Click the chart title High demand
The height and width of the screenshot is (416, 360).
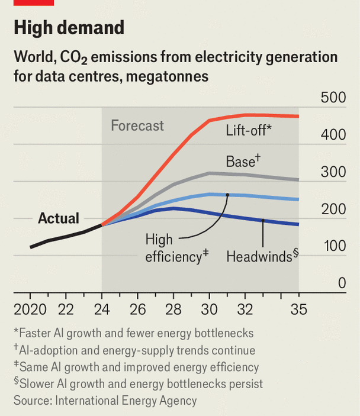pyautogui.click(x=69, y=28)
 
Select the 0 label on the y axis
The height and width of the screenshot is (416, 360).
pyautogui.click(x=341, y=283)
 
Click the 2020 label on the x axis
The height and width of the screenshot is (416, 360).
pyautogui.click(x=30, y=309)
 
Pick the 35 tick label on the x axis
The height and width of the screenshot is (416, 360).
pyautogui.click(x=298, y=309)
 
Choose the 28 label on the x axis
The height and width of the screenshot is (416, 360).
pyautogui.click(x=173, y=309)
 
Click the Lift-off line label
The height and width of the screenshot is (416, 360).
pyautogui.click(x=248, y=130)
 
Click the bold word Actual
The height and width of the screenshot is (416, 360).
pyautogui.click(x=59, y=218)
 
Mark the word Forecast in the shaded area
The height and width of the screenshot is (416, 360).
pyautogui.click(x=137, y=125)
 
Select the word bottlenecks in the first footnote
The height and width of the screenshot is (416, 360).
pyautogui.click(x=221, y=333)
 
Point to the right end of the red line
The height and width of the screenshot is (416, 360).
pyautogui.click(x=298, y=116)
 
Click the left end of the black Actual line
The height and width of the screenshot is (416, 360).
pyautogui.click(x=30, y=247)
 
